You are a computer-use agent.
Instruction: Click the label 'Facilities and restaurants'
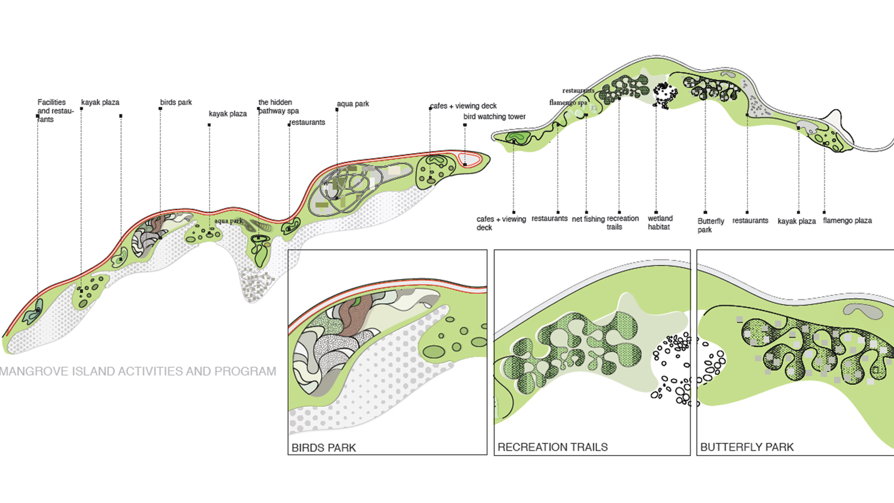click(55, 110)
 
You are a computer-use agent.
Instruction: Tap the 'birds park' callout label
click(176, 102)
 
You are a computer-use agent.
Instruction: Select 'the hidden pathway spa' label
click(278, 106)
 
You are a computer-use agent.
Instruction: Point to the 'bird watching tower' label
click(494, 116)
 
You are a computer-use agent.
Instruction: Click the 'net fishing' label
click(588, 219)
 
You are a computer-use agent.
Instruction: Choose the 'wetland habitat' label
click(660, 222)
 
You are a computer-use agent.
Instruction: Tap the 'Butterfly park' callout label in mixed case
click(710, 225)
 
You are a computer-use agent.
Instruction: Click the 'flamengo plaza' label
click(847, 220)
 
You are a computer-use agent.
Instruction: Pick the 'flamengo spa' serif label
click(568, 102)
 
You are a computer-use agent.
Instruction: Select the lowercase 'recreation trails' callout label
click(623, 222)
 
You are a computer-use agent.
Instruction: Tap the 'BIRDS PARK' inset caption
click(324, 448)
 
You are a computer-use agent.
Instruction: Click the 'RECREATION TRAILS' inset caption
click(552, 447)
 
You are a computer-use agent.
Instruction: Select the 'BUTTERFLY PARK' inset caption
click(746, 447)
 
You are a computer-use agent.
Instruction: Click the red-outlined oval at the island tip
click(469, 159)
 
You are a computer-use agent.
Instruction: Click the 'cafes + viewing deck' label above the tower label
click(463, 106)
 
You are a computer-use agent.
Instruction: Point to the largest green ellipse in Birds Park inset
click(433, 352)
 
